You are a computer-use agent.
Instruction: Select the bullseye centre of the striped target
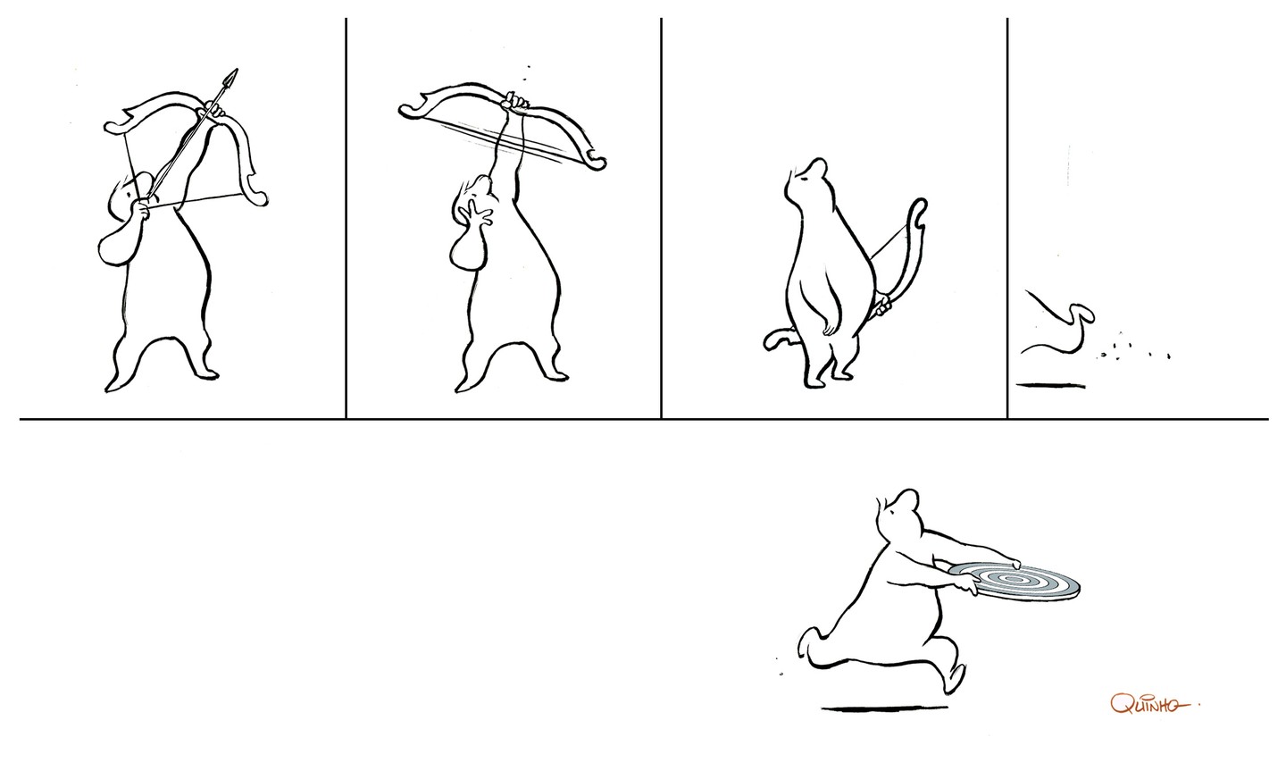coord(1014,579)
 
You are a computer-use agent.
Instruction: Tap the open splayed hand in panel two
coord(475,214)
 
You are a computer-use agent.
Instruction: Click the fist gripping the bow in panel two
coord(514,102)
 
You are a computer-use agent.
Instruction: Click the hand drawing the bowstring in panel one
coord(142,209)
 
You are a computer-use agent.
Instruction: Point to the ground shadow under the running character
coord(884,709)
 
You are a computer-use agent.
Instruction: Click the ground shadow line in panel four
coord(1050,386)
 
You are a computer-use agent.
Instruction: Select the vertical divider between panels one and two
coord(347,218)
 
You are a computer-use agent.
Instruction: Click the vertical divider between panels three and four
coord(1007,218)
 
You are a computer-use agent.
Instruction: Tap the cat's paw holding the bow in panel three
coord(882,306)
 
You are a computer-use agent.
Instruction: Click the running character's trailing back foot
coord(809,645)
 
